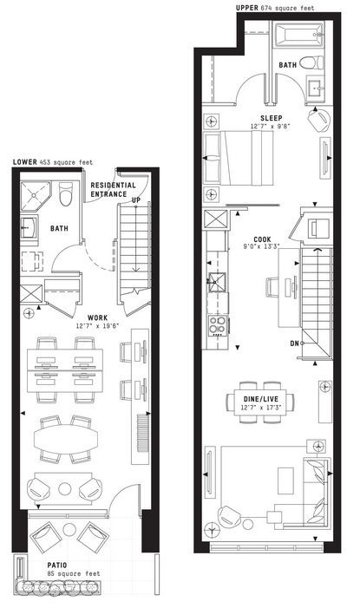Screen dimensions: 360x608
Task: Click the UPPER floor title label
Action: coord(246,8)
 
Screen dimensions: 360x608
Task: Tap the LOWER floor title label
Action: coord(25,162)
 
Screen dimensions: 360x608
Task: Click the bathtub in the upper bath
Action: coord(298,35)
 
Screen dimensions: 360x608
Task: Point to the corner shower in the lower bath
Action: coord(36,197)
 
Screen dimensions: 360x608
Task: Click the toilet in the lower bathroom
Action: coord(66,194)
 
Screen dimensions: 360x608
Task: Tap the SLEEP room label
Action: coord(272,118)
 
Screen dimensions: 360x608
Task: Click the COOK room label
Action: coord(262,239)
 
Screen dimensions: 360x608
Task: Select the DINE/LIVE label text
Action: coord(261,399)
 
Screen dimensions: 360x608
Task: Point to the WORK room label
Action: coord(97,318)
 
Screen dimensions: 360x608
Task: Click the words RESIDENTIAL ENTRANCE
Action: coord(113,190)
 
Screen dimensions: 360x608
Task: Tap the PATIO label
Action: coord(57,566)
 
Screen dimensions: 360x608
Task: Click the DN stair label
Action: coord(294,343)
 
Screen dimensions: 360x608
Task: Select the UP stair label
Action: coord(136,200)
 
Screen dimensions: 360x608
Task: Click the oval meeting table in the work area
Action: coord(65,439)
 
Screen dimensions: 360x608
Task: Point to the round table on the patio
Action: coord(69,529)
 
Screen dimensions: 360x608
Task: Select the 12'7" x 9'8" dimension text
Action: coord(271,127)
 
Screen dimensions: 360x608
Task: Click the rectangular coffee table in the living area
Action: coord(286,481)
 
